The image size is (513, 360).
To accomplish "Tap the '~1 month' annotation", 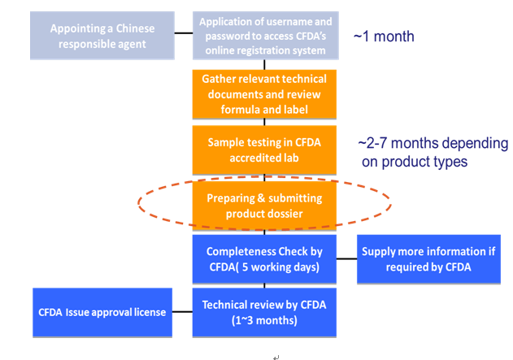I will [384, 37].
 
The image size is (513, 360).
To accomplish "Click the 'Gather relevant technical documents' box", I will [265, 94].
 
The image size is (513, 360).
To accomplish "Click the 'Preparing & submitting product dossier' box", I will [265, 205].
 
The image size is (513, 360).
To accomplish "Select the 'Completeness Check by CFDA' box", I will [265, 258].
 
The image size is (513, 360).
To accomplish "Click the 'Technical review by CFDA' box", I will [265, 312].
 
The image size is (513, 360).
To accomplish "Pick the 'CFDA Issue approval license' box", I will [102, 312].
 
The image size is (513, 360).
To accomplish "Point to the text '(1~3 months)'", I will [265, 320].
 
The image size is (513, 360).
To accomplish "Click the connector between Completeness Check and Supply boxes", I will [347, 258].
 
